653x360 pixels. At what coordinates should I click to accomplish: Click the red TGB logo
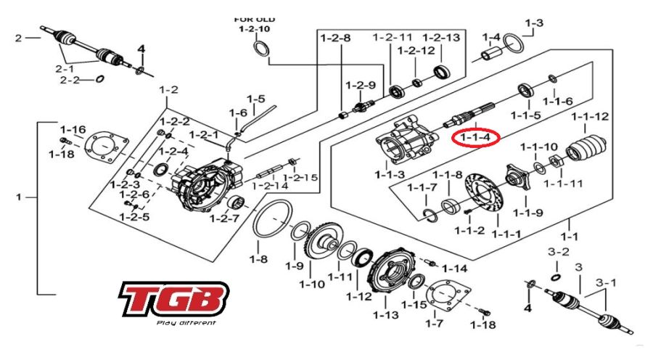coord(174,300)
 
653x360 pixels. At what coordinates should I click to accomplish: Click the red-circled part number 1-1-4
coord(475,137)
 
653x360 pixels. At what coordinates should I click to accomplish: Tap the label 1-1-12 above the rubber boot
coord(590,116)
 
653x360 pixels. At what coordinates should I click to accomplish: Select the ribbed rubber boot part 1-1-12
coord(586,149)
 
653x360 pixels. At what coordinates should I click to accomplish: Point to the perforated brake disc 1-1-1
coord(485,195)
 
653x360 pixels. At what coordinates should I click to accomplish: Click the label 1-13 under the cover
coord(386,314)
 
